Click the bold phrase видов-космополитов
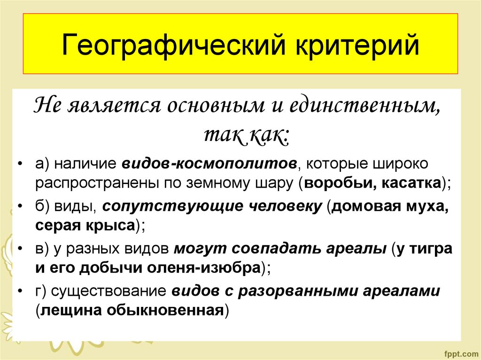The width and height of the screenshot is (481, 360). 209,164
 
